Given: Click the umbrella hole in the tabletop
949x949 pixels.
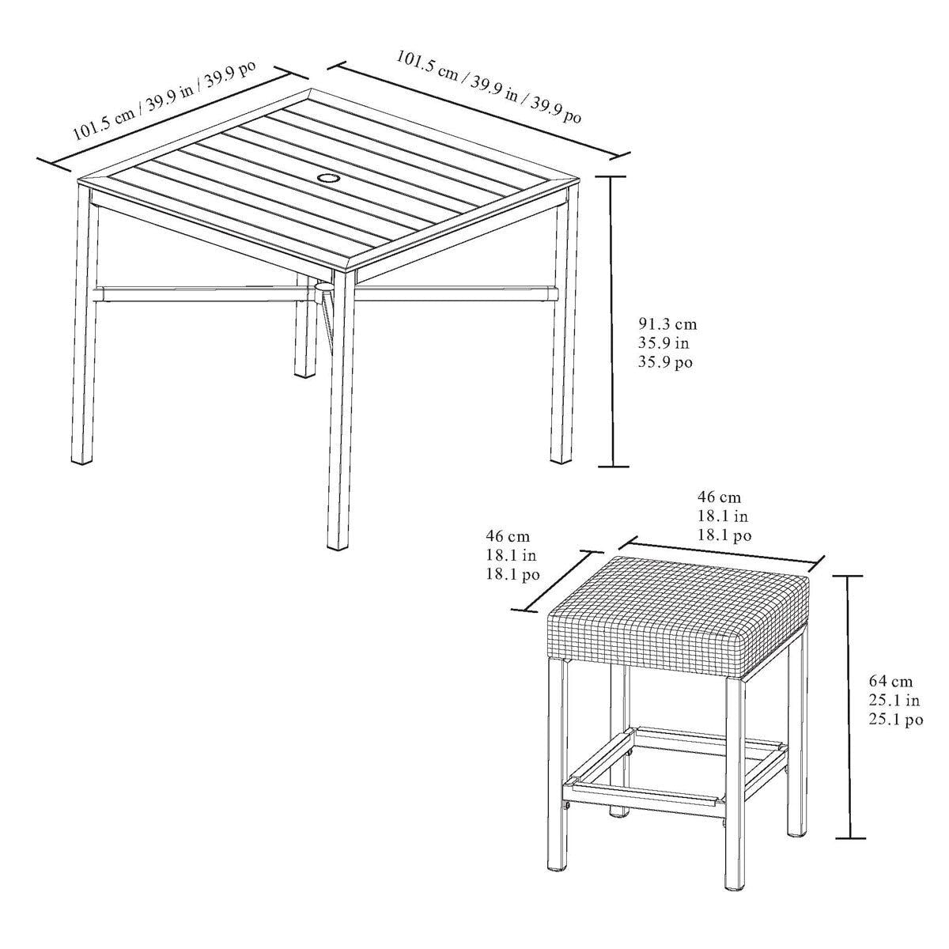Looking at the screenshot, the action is click(x=327, y=177).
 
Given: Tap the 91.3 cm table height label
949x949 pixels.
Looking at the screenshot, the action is click(x=667, y=324).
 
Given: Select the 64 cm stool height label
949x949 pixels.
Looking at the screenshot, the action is click(x=890, y=682).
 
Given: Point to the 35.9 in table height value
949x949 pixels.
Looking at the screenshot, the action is click(x=663, y=343).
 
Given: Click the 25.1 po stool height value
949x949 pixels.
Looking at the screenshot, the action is click(x=894, y=720).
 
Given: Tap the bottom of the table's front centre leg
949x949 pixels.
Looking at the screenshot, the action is click(x=338, y=546).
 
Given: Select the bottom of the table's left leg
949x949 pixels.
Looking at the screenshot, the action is click(x=83, y=460).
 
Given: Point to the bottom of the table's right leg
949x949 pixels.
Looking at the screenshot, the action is click(x=559, y=459).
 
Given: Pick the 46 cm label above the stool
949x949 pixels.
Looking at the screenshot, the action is click(x=719, y=497).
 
